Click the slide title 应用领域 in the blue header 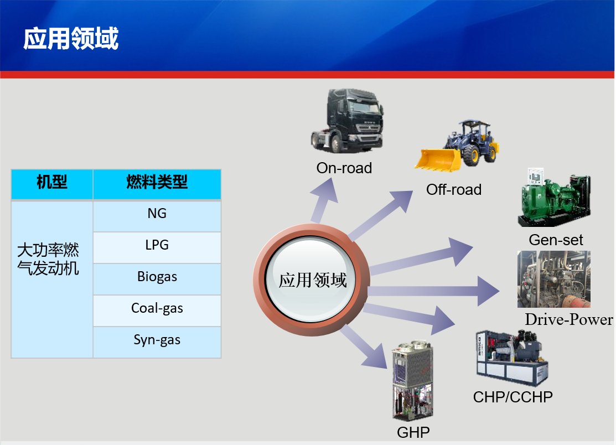[71, 39]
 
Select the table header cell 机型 [52, 182]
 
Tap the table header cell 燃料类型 [157, 182]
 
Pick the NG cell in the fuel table [157, 214]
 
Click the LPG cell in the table [157, 245]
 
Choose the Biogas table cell [157, 277]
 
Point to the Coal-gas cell [157, 308]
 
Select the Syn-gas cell [157, 340]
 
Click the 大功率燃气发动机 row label [49, 259]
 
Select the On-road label [344, 168]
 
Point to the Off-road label [454, 190]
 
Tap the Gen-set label [556, 240]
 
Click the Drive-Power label [569, 320]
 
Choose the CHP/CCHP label [513, 397]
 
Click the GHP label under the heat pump [413, 432]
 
